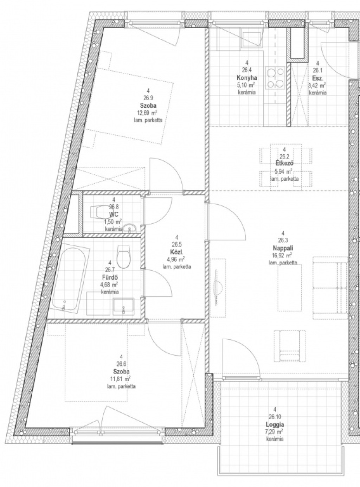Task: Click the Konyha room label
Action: tap(247, 77)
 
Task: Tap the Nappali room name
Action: tap(283, 248)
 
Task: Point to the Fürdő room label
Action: tap(110, 277)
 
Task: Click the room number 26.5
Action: tap(177, 244)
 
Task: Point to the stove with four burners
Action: tap(275, 78)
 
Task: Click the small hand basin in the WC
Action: tap(129, 229)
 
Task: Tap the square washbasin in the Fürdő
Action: tap(124, 306)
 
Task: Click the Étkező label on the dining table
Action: tap(284, 163)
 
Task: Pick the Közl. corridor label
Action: tap(177, 252)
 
